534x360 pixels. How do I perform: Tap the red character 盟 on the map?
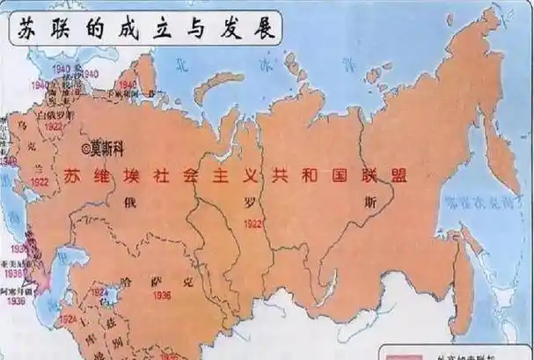point(399,173)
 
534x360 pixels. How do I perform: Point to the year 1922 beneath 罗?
point(252,224)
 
